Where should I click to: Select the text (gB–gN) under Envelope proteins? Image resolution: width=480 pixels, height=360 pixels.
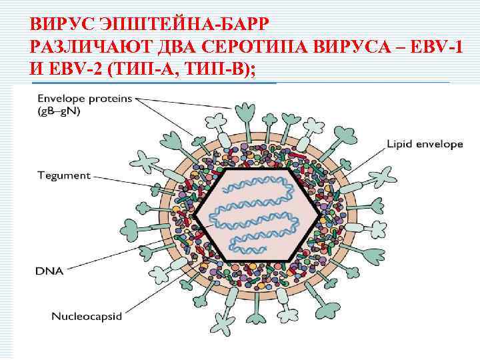(x=59, y=111)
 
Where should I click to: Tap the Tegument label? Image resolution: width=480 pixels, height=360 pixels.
(x=63, y=176)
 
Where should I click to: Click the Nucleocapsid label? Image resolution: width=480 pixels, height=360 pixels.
(x=87, y=317)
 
